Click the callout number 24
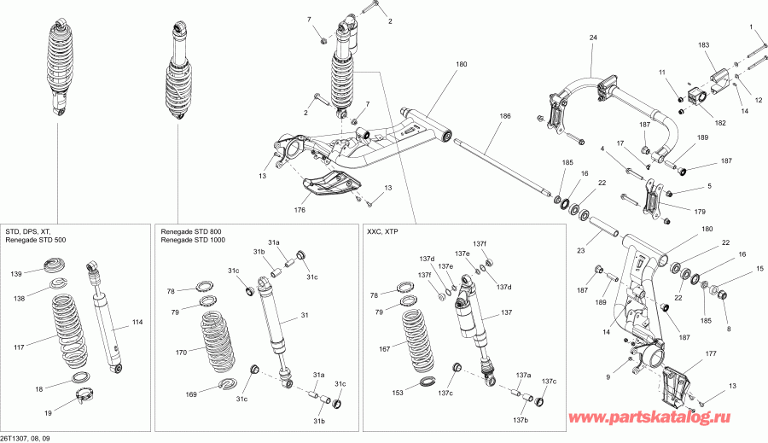[594, 37]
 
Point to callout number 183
[704, 44]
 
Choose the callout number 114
[137, 322]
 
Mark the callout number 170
[181, 351]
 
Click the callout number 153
[397, 394]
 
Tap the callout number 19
[48, 413]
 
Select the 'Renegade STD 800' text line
[188, 231]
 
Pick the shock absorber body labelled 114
[108, 320]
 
